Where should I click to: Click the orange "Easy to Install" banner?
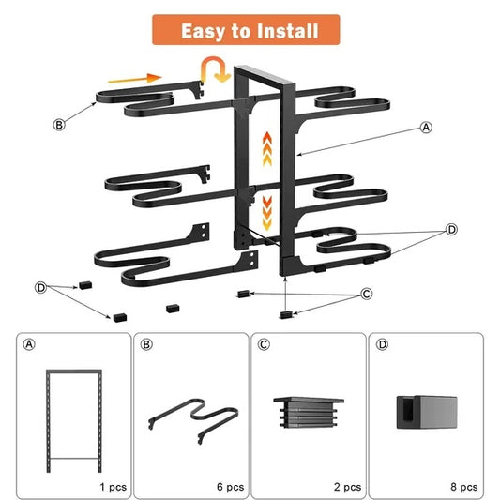(249, 31)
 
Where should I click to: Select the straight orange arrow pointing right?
(141, 79)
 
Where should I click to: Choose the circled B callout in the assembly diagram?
(59, 124)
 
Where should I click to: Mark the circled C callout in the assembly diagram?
(366, 295)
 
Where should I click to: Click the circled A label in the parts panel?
(28, 344)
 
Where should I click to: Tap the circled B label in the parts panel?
(145, 344)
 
